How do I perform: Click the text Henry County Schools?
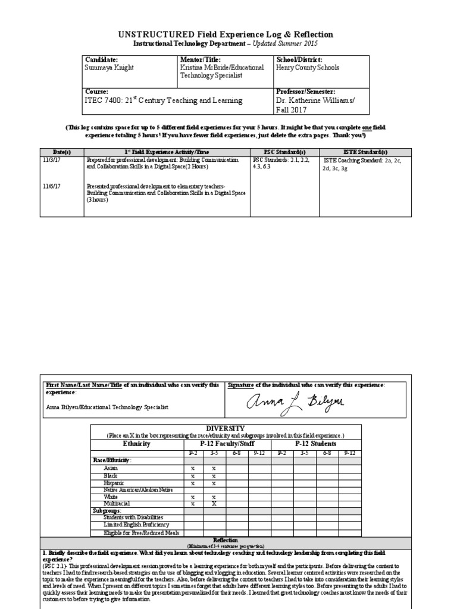pyautogui.click(x=308, y=68)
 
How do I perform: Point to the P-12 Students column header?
pyautogui.click(x=315, y=444)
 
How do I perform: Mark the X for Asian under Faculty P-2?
pyautogui.click(x=193, y=468)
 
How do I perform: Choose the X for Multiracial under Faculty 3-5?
pyautogui.click(x=215, y=503)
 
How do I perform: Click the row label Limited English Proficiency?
pyautogui.click(x=136, y=525)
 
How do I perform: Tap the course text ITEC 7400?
pyautogui.click(x=105, y=101)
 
